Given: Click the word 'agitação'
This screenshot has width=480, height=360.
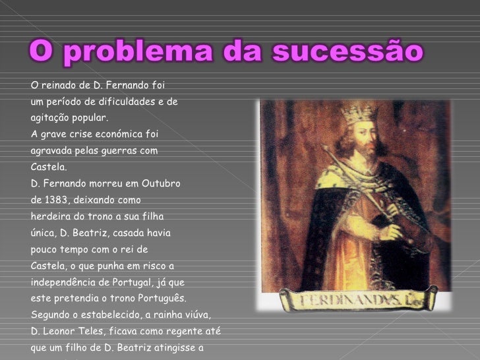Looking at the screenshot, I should [51, 118].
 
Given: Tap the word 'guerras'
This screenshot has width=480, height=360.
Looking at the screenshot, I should [119, 150].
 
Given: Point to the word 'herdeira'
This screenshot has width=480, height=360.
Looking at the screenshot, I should [50, 216].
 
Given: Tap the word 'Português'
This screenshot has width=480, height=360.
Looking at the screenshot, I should [162, 298].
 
